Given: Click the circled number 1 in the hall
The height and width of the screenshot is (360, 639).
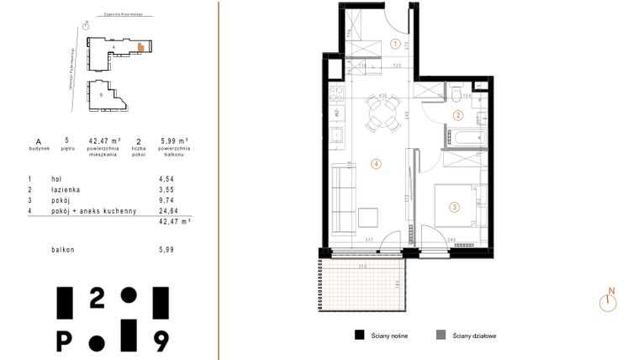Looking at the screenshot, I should click(x=395, y=45).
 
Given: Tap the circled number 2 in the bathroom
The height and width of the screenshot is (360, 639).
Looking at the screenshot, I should click(x=458, y=116).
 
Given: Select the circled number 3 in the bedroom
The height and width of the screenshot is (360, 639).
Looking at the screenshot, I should click(x=454, y=207).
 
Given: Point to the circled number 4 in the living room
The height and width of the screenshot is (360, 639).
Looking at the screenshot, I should click(x=377, y=164).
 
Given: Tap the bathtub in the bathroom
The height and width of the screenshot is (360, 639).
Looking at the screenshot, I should click(x=468, y=135).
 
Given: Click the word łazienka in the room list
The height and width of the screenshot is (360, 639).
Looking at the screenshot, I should click(x=67, y=190).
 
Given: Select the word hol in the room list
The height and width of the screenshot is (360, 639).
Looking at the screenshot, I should click(x=58, y=179).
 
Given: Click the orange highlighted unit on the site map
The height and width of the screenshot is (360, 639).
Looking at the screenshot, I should click(x=140, y=47).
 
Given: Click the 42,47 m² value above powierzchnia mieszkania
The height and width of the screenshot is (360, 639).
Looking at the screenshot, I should click(x=105, y=140).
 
